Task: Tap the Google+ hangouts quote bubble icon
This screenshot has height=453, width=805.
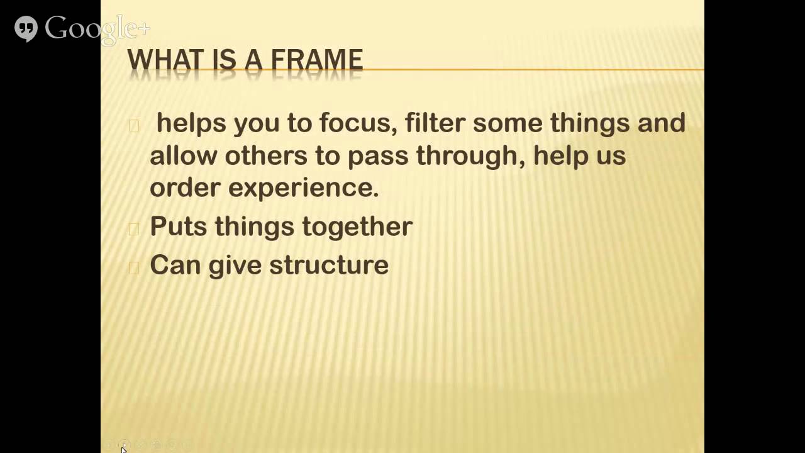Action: pyautogui.click(x=26, y=28)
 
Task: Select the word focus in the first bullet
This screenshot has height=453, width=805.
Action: pyautogui.click(x=358, y=122)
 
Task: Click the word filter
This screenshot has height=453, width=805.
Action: pyautogui.click(x=435, y=122)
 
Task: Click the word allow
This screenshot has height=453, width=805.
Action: pyautogui.click(x=183, y=155)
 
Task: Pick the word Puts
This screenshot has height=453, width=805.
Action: pyautogui.click(x=178, y=226)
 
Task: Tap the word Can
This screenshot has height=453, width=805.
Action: pyautogui.click(x=175, y=265)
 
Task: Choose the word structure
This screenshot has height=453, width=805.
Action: pyautogui.click(x=329, y=265)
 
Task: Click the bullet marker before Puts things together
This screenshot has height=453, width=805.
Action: pyautogui.click(x=133, y=228)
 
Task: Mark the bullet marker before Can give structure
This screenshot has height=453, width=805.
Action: pyautogui.click(x=133, y=267)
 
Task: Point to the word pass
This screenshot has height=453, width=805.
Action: pyautogui.click(x=378, y=156)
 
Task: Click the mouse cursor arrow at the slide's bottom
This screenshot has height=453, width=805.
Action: pyautogui.click(x=124, y=449)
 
